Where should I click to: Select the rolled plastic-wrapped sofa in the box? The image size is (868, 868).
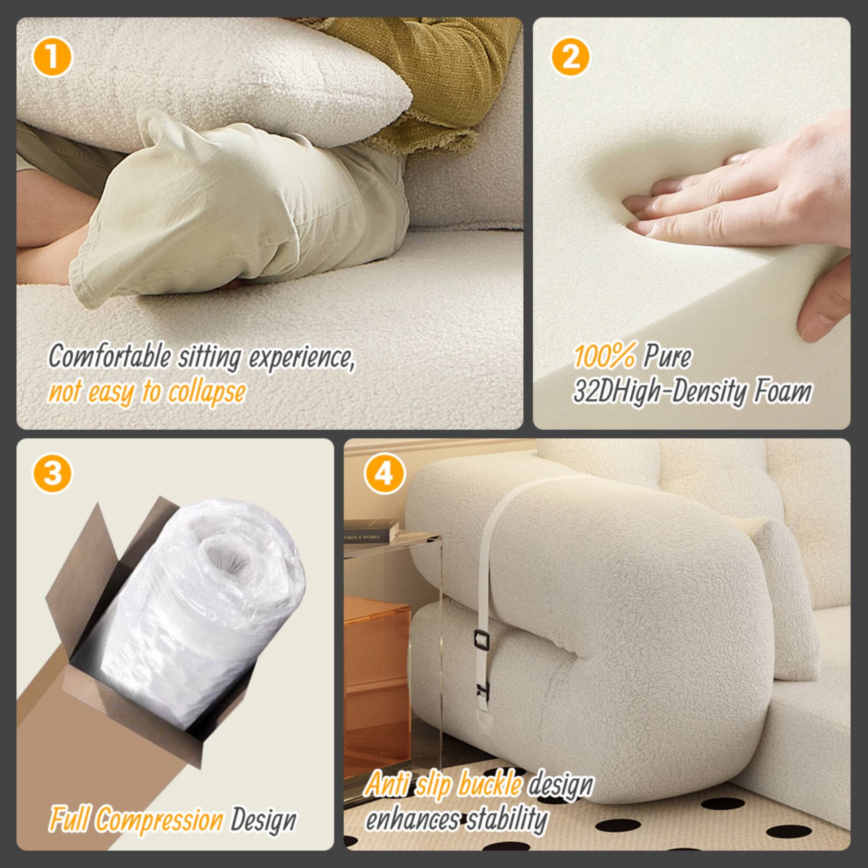[x=197, y=620]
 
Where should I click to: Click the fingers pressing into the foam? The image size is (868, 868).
[x=665, y=202]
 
